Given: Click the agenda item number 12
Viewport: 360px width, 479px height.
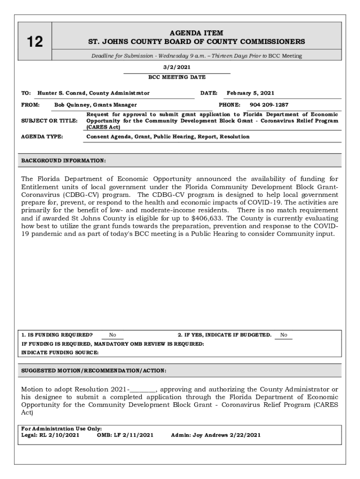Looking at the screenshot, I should [35, 42].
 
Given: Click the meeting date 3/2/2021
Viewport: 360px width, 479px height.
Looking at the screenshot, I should [177, 67].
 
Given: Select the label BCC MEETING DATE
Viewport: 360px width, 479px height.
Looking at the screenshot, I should [177, 77].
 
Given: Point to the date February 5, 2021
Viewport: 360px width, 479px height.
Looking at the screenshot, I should [250, 93].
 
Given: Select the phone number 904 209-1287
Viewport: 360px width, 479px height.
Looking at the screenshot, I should [269, 105].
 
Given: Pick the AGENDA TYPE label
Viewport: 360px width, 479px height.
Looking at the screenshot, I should [42, 137].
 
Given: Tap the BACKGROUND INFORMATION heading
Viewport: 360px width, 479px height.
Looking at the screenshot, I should [64, 161].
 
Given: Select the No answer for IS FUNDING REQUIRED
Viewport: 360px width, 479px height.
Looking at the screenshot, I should [113, 335].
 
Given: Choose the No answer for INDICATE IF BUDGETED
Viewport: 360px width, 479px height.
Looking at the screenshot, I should [283, 335].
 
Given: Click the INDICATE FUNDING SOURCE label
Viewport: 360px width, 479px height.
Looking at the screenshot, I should [60, 353].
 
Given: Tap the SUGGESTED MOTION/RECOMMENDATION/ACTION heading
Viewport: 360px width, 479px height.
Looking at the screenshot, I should [94, 370].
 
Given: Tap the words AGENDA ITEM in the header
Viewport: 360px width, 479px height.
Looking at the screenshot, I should [196, 33].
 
